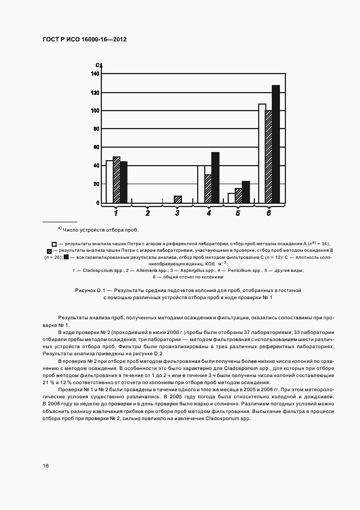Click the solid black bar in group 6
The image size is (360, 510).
(x=276, y=144)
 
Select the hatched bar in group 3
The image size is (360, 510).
(x=178, y=199)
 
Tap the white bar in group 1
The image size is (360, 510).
(x=109, y=181)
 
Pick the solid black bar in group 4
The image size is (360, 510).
(x=215, y=178)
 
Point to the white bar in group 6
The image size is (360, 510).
(x=262, y=153)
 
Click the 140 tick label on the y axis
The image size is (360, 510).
(x=95, y=74)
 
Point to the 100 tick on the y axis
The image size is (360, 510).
(x=95, y=111)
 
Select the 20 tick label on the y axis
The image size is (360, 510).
(x=96, y=184)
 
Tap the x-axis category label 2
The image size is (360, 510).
(x=147, y=214)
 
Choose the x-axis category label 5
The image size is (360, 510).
(x=238, y=214)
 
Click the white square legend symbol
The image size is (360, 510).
(x=54, y=244)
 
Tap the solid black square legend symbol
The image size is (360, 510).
(x=66, y=257)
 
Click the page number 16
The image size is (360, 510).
(x=46, y=465)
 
